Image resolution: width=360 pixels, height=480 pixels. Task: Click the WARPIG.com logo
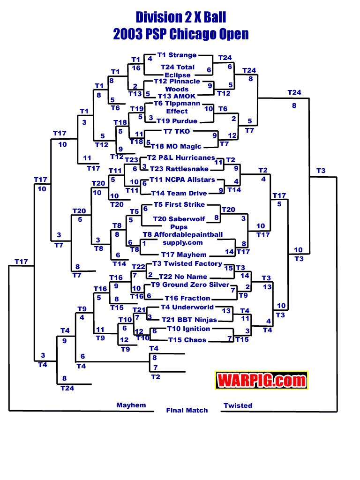[261, 380]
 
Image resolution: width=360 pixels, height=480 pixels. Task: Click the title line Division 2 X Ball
[181, 18]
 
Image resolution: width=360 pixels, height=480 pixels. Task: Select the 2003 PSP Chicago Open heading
[181, 34]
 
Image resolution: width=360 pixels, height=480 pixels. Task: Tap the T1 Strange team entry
[177, 55]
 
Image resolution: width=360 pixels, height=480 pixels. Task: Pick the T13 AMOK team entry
[174, 96]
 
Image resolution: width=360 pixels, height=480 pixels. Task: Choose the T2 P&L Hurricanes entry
[181, 158]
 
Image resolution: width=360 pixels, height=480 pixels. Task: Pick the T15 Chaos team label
[187, 340]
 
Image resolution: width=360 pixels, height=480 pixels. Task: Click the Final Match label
[187, 410]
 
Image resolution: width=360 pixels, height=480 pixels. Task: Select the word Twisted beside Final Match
[238, 405]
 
